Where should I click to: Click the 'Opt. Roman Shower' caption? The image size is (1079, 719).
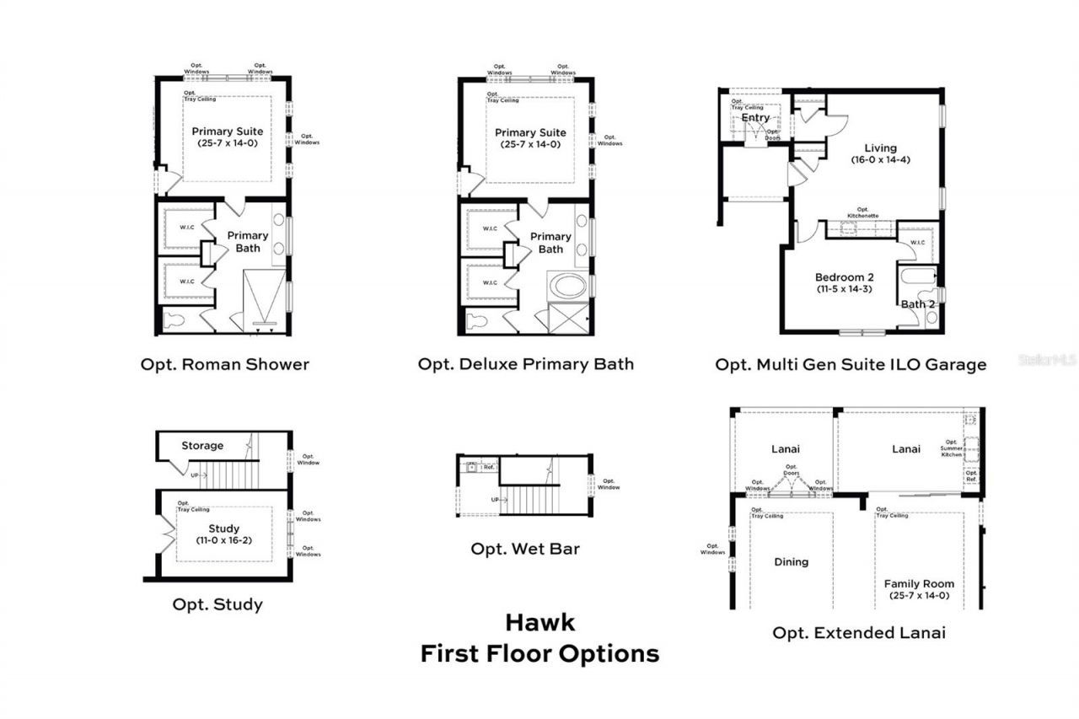(x=224, y=365)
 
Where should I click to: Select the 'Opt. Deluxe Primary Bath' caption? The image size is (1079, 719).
(x=526, y=364)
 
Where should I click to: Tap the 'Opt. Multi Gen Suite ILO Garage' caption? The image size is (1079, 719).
(x=851, y=365)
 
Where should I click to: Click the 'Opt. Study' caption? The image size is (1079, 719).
(x=217, y=604)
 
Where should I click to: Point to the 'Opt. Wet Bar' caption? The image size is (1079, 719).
(x=525, y=549)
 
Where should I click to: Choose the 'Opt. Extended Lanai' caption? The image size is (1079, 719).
(x=859, y=632)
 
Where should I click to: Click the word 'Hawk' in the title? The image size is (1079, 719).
(x=539, y=623)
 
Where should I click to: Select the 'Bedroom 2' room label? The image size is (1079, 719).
(x=844, y=277)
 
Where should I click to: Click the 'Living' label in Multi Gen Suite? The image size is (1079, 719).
(x=880, y=148)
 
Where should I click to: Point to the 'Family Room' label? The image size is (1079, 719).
(x=919, y=583)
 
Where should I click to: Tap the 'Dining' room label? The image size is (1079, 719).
(x=791, y=562)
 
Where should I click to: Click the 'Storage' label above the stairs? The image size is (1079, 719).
(x=202, y=445)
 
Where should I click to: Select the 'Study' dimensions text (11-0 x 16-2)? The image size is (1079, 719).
(x=224, y=539)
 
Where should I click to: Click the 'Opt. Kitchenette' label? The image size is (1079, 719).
(x=862, y=212)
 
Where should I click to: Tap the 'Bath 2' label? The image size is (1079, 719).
(x=918, y=304)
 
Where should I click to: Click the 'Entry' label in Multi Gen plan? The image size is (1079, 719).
(x=755, y=118)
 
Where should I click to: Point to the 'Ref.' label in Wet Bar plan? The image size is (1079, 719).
(x=488, y=466)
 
